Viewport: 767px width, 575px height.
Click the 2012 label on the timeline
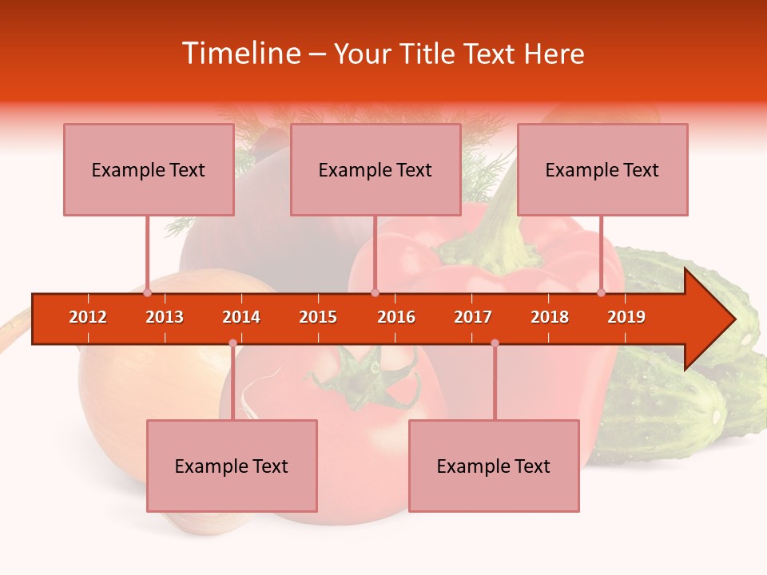(88, 317)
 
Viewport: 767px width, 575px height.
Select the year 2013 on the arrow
(165, 317)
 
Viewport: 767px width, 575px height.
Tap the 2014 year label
(241, 317)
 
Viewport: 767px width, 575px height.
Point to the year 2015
(318, 317)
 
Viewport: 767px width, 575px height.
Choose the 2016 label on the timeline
(396, 317)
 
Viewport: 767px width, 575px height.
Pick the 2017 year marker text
(473, 317)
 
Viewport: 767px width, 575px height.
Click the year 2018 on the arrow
(550, 317)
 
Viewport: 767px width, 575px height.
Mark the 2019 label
(626, 317)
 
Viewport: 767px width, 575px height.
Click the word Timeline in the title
(240, 54)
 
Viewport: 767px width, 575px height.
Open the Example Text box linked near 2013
(149, 169)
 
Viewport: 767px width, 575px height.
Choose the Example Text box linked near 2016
(376, 169)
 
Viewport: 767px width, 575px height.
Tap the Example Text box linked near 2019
(602, 169)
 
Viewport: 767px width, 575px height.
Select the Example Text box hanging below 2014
(232, 466)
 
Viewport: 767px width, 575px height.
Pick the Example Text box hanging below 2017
(494, 466)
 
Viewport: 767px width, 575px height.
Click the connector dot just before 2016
(375, 292)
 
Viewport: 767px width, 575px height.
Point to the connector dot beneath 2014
(232, 343)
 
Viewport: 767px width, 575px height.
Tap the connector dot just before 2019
(602, 292)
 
